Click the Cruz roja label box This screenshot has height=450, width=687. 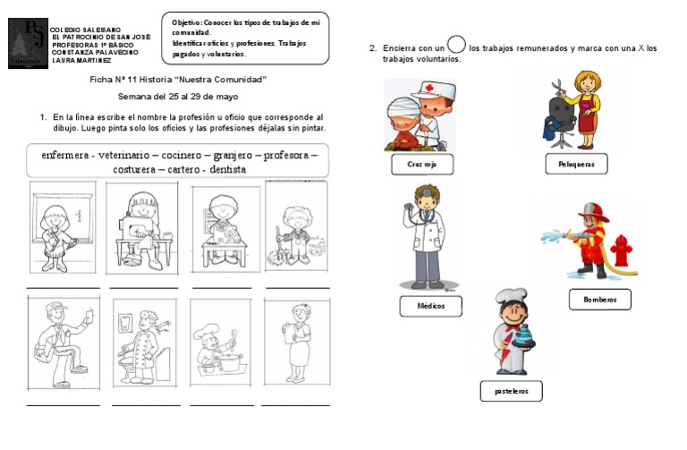click(422, 165)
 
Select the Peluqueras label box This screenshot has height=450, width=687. click(576, 163)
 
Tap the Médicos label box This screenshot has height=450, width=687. click(430, 306)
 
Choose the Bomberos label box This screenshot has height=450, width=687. click(599, 300)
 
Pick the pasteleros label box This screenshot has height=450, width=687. click(511, 391)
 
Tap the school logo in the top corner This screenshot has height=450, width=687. click(27, 43)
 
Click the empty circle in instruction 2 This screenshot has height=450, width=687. click(456, 44)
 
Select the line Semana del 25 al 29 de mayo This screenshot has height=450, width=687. click(178, 96)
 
